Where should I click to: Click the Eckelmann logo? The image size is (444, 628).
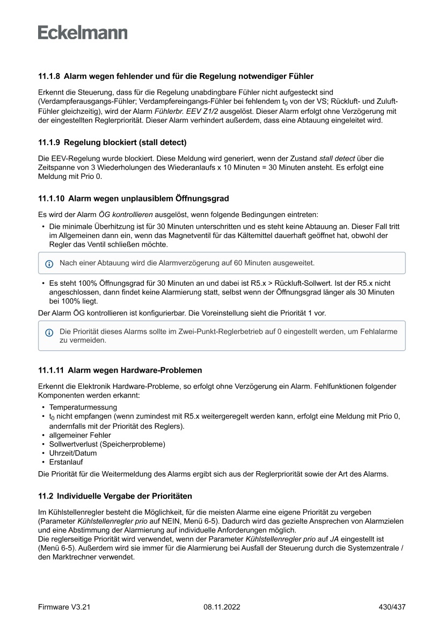pos(83,33)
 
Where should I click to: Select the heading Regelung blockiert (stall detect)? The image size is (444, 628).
pos(125,143)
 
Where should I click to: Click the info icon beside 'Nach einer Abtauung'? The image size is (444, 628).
pos(49,264)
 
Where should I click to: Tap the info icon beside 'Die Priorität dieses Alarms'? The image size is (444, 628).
pos(49,333)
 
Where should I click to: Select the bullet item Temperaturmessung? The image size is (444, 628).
pos(83,407)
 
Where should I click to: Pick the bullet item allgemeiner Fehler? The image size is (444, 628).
pos(80,435)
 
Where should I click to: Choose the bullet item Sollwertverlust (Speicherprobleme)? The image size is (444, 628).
pos(107,444)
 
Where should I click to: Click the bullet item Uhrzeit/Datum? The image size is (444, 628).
pos(73,453)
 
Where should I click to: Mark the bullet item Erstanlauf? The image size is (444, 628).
pos(66,462)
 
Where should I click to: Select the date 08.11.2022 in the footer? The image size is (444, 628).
pos(222,607)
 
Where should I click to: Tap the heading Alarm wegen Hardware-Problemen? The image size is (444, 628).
pos(135,370)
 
